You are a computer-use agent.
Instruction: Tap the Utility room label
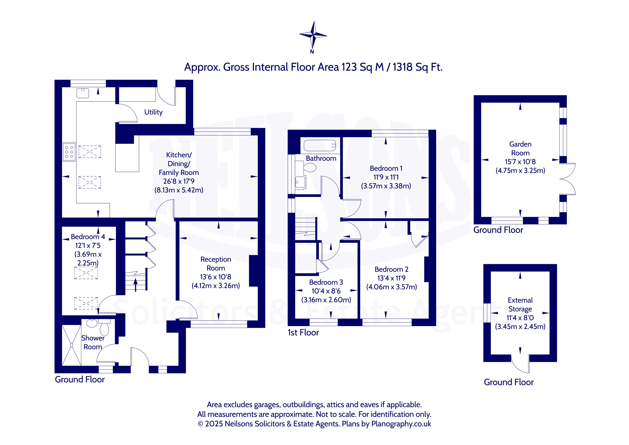(153, 112)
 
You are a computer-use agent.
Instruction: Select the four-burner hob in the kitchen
(69, 152)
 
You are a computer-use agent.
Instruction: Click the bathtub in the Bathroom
(320, 145)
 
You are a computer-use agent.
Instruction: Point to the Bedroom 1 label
(386, 168)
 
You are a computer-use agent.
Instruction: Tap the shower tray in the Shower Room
(72, 345)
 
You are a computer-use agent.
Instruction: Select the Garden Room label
(520, 149)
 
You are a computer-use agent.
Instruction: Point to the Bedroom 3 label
(326, 282)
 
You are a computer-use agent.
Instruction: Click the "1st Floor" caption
(303, 333)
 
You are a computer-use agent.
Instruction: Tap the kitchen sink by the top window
(83, 93)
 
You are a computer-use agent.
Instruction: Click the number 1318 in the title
(402, 67)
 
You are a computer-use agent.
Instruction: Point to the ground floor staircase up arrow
(135, 285)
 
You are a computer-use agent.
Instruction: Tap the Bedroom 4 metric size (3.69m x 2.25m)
(88, 259)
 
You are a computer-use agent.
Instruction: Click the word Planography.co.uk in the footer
(401, 424)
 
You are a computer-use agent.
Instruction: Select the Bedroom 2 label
(392, 269)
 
